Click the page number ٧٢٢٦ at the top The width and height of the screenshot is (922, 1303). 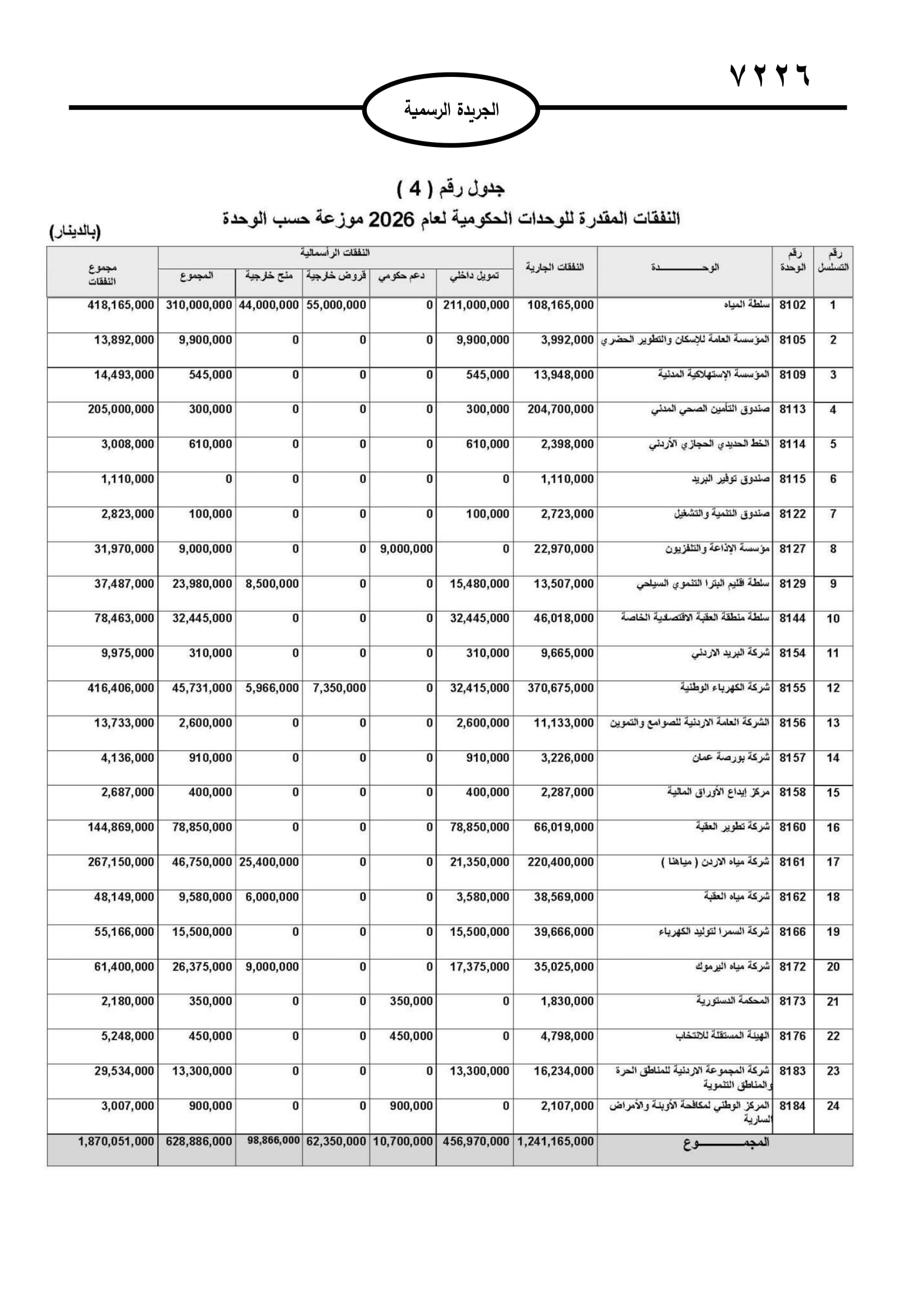tap(770, 75)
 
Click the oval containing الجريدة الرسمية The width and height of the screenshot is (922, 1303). tap(451, 110)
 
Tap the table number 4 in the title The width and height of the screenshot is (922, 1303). tap(415, 188)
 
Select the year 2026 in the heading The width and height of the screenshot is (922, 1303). tap(392, 219)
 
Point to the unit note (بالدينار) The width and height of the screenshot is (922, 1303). tap(75, 232)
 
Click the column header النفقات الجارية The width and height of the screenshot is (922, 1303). tap(555, 267)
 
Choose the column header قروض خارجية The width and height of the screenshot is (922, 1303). tap(336, 276)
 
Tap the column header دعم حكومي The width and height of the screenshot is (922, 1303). tap(402, 276)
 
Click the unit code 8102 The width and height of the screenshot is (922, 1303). tap(792, 305)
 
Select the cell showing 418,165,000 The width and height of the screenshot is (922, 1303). tap(121, 305)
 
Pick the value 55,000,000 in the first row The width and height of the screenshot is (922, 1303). tap(336, 305)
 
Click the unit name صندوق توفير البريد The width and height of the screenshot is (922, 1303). tap(731, 480)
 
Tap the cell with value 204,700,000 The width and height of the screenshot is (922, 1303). tap(560, 410)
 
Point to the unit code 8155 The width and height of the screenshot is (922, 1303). tap(792, 689)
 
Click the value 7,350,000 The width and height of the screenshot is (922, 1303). tap(339, 689)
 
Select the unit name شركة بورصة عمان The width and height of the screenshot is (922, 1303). tap(731, 758)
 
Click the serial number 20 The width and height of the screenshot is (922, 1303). tap(833, 967)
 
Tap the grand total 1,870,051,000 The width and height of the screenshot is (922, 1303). tap(116, 1142)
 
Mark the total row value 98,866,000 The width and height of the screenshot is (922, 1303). tap(273, 1141)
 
